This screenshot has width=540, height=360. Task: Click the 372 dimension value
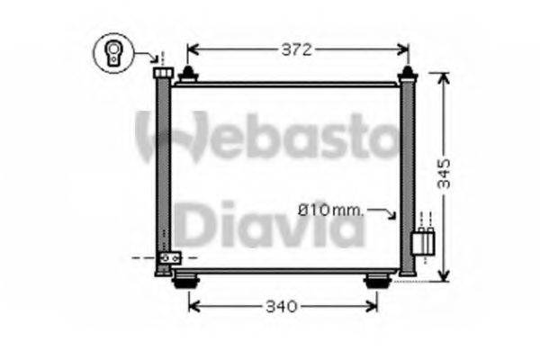click(x=296, y=50)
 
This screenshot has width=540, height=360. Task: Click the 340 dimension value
click(x=280, y=307)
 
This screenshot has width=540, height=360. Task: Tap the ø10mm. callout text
click(x=330, y=211)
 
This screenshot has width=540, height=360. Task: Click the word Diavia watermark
click(x=269, y=225)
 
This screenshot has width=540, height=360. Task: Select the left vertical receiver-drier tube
click(x=163, y=171)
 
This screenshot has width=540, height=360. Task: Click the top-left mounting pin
click(x=188, y=74)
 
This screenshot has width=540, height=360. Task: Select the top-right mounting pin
click(x=408, y=72)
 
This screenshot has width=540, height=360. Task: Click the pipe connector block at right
click(x=422, y=241)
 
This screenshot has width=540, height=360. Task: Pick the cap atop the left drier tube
click(x=163, y=72)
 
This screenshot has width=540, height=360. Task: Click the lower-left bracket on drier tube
click(x=167, y=259)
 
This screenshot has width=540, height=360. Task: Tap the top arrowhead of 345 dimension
click(x=443, y=77)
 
